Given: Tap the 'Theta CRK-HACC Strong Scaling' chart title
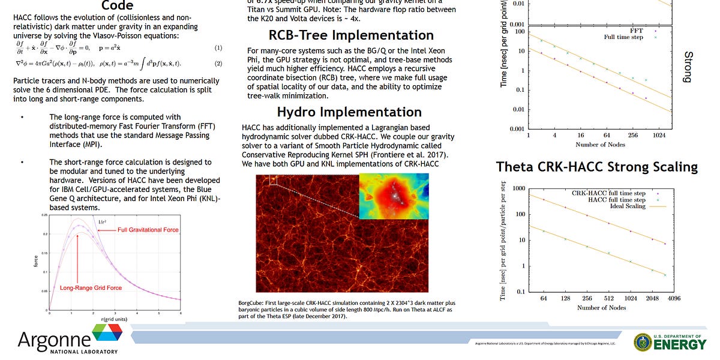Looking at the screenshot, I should tap(596, 167).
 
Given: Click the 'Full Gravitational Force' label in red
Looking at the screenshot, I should tap(148, 230).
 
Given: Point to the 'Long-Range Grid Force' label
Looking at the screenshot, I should tap(91, 288).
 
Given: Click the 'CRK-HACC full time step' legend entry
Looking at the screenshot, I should tap(608, 193).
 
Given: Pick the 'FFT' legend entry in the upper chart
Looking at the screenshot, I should tap(637, 30).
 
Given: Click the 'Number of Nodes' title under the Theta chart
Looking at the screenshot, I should tap(602, 307).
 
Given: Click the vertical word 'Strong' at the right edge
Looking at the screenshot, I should tap(688, 67).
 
